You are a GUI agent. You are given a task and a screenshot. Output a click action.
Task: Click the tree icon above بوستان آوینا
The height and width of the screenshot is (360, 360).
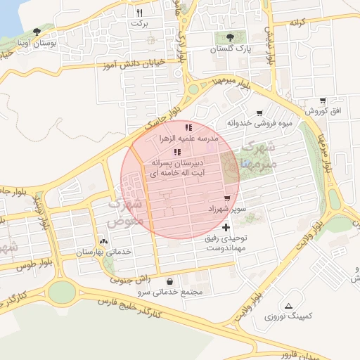click(37, 32)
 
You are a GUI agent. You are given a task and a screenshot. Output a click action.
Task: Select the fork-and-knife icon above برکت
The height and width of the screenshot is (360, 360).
click(139, 13)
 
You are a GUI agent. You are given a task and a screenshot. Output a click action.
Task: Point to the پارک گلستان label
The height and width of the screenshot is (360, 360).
click(229, 50)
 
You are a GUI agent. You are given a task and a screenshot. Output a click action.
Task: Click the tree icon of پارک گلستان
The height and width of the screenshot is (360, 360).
click(229, 38)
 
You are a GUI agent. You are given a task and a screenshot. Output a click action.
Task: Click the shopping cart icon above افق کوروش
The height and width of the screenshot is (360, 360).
click(322, 101)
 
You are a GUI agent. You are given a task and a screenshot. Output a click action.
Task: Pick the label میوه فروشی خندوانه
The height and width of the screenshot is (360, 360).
click(259, 124)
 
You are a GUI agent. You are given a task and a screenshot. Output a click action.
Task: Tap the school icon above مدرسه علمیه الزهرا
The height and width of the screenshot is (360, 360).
click(188, 127)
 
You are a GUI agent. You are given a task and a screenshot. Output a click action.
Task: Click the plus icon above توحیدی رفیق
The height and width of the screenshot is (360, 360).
click(225, 227)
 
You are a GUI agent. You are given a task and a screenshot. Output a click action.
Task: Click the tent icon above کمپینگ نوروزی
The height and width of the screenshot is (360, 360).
click(289, 306)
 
